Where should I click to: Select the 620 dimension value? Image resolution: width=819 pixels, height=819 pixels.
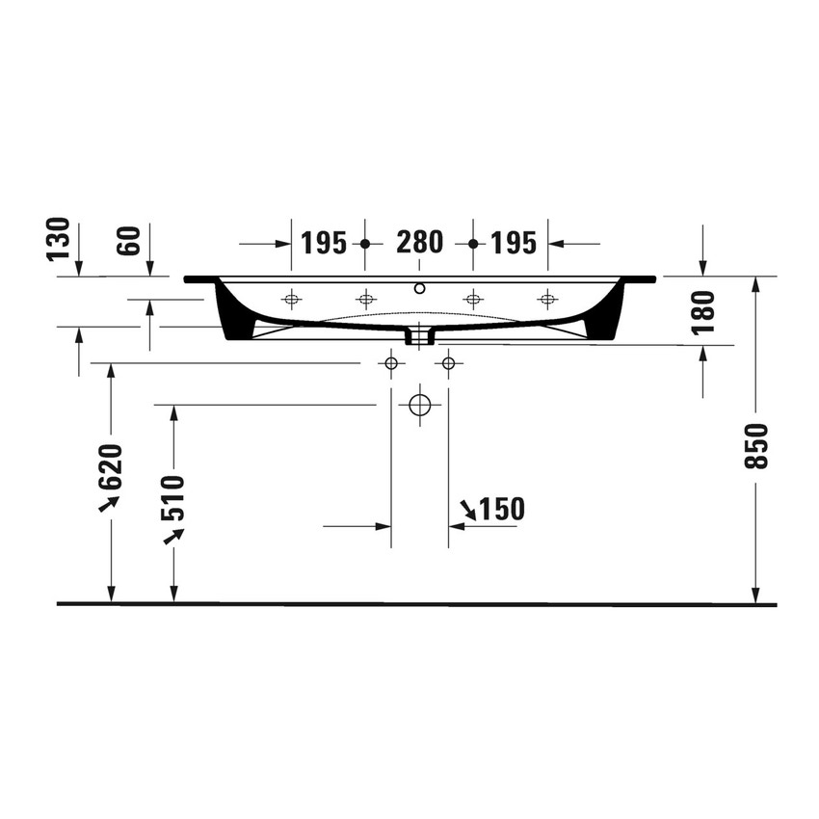pyautogui.click(x=112, y=467)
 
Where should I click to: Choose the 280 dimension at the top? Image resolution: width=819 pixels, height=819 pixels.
pyautogui.click(x=419, y=243)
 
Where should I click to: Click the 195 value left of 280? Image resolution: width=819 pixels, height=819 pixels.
pyautogui.click(x=323, y=243)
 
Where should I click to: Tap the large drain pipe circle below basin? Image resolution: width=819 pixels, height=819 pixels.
pyautogui.click(x=419, y=405)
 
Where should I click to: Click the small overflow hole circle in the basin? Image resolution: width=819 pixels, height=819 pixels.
pyautogui.click(x=419, y=287)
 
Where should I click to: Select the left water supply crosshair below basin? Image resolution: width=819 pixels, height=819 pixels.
pyautogui.click(x=390, y=363)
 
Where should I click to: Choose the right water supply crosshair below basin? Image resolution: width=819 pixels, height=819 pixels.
pyautogui.click(x=447, y=363)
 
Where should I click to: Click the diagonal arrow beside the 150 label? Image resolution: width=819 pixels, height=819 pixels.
pyautogui.click(x=467, y=509)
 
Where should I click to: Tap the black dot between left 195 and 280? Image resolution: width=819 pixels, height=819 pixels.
pyautogui.click(x=364, y=244)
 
